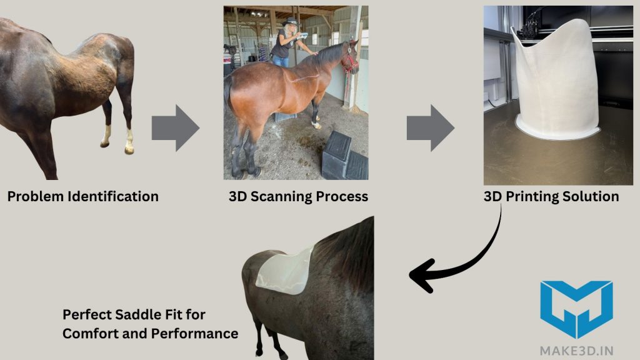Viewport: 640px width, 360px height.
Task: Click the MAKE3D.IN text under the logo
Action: pos(576,349)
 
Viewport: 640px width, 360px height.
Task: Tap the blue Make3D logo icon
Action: pos(576,309)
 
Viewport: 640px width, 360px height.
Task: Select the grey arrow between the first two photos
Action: pos(176,128)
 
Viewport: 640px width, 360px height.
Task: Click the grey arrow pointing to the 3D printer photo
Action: pos(430,128)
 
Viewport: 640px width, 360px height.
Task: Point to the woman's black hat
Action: pos(291,22)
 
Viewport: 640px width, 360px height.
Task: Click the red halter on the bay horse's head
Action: pos(351,62)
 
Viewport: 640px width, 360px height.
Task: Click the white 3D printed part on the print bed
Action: pos(553,78)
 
